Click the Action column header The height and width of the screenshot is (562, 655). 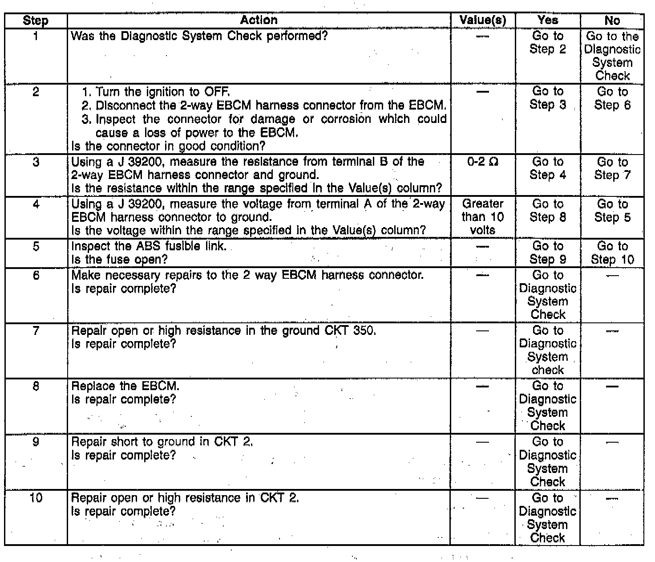pyautogui.click(x=259, y=20)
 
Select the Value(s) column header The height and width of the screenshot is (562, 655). pyautogui.click(x=482, y=20)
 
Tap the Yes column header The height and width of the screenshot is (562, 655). pyautogui.click(x=547, y=20)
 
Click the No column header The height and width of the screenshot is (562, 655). pyautogui.click(x=612, y=20)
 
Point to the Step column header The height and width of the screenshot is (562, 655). pyautogui.click(x=36, y=20)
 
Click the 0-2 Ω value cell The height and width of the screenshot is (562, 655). pyautogui.click(x=482, y=162)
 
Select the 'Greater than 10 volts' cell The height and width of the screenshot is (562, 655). pyautogui.click(x=482, y=217)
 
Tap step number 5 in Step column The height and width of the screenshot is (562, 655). pyautogui.click(x=36, y=246)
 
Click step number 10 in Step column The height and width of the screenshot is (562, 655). pyautogui.click(x=36, y=498)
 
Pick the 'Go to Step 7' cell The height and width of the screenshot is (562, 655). pyautogui.click(x=612, y=168)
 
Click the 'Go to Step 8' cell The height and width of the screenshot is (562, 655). pyautogui.click(x=547, y=211)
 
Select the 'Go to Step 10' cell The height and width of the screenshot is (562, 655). pyautogui.click(x=612, y=253)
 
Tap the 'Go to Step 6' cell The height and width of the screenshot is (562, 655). pyautogui.click(x=612, y=98)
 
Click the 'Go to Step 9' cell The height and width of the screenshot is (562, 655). pyautogui.click(x=547, y=253)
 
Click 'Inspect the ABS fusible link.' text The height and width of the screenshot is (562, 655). pyautogui.click(x=149, y=246)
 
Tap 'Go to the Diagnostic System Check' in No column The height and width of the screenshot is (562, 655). pyautogui.click(x=612, y=56)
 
